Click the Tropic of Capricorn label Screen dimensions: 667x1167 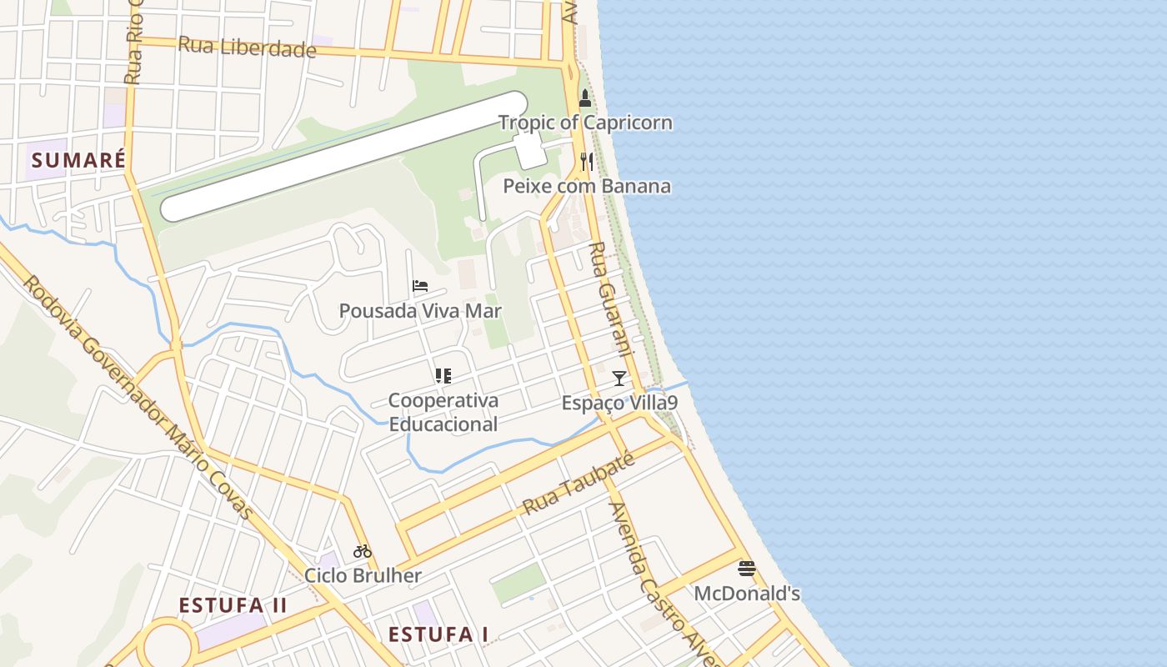[x=585, y=123]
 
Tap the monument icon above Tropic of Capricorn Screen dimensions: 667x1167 [x=585, y=98]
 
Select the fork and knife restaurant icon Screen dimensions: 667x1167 [x=587, y=161]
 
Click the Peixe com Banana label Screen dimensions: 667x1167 [x=587, y=185]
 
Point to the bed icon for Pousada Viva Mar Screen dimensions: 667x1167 [x=420, y=286]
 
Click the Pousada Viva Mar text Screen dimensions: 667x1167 [x=420, y=311]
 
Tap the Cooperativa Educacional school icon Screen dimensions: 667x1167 [x=443, y=376]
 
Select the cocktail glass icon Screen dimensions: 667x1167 [x=619, y=379]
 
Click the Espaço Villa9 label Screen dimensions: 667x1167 [x=619, y=403]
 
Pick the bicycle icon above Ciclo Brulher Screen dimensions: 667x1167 [x=363, y=550]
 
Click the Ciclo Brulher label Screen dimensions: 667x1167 [x=363, y=575]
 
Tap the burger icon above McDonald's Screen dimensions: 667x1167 [x=747, y=569]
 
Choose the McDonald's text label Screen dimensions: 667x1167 [x=747, y=594]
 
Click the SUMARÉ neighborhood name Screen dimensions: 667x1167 [x=78, y=159]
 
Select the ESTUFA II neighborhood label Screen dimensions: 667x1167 [x=233, y=605]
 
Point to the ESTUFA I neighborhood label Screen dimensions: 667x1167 [x=438, y=634]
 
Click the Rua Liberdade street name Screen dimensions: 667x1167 [x=248, y=47]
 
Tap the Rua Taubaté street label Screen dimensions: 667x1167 [x=578, y=484]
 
